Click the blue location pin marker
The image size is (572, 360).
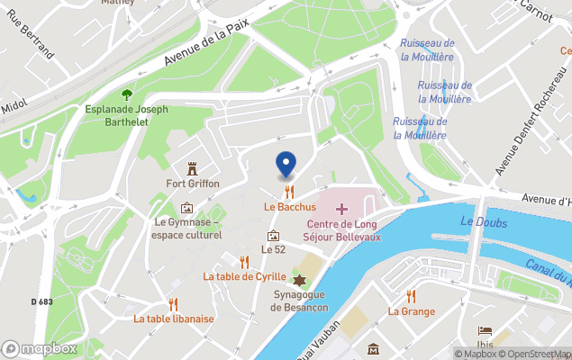pyautogui.click(x=286, y=164)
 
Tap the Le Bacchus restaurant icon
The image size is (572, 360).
pyautogui.click(x=288, y=192)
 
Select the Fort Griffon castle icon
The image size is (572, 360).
pyautogui.click(x=191, y=168)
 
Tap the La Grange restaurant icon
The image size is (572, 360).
pyautogui.click(x=411, y=296)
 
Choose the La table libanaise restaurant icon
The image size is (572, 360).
pyautogui.click(x=173, y=303)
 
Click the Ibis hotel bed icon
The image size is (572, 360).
pyautogui.click(x=486, y=331)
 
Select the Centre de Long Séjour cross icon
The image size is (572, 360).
pyautogui.click(x=341, y=209)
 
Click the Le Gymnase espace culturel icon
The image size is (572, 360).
pyautogui.click(x=186, y=208)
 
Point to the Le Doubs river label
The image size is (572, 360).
pyautogui.click(x=484, y=222)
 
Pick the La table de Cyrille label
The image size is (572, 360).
pyautogui.click(x=244, y=276)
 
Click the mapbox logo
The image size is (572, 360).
pyautogui.click(x=40, y=348)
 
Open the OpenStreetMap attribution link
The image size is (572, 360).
pyautogui.click(x=537, y=354)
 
